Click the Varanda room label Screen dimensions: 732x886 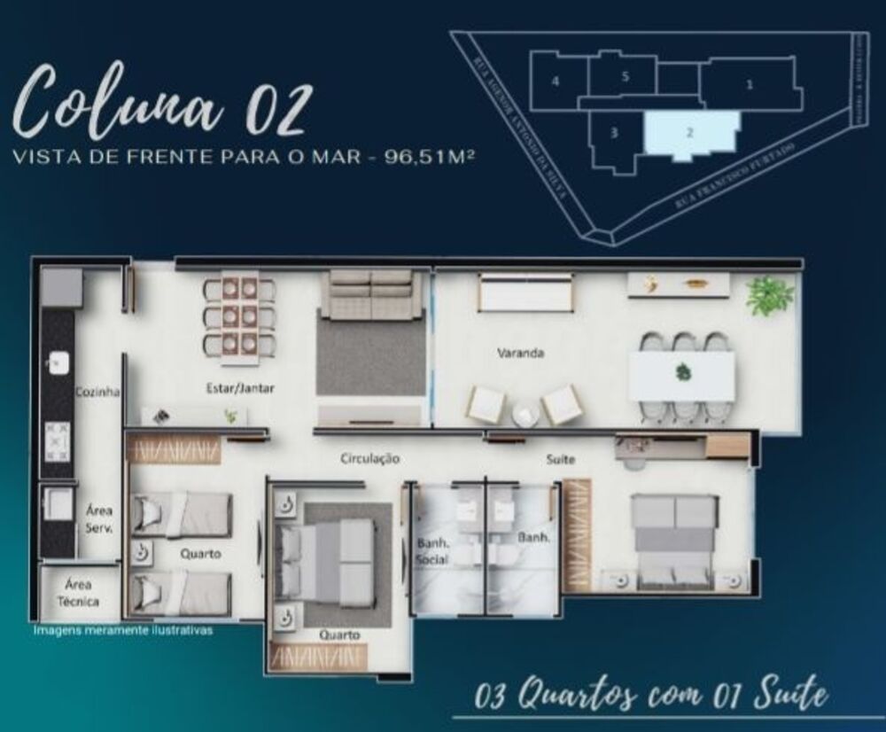click(520, 353)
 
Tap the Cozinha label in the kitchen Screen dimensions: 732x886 click(97, 391)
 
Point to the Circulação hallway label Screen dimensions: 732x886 click(370, 459)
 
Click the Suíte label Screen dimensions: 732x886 click(561, 459)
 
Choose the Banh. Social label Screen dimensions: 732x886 click(433, 551)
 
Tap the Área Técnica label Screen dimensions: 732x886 click(79, 593)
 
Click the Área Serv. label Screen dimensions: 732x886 click(98, 518)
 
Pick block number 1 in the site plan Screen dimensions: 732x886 click(750, 85)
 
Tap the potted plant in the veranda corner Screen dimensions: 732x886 click(769, 295)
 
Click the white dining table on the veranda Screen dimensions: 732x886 click(681, 375)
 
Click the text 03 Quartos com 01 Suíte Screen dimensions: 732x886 click(650, 696)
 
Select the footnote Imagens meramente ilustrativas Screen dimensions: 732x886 click(122, 632)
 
